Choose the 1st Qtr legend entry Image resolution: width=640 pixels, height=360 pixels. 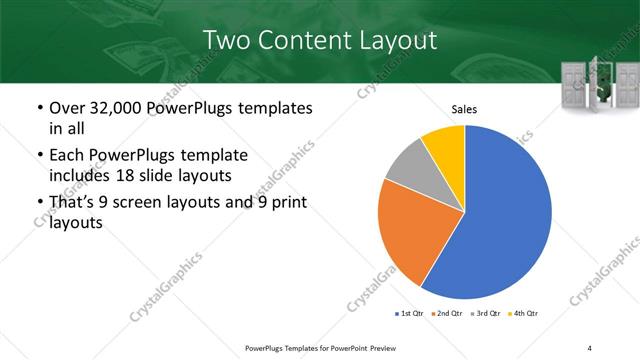409,314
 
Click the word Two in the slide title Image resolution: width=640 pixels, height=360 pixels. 230,40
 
